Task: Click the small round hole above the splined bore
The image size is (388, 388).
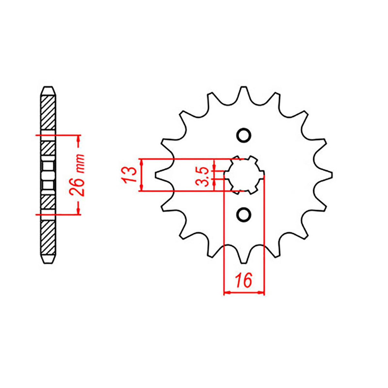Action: (243, 135)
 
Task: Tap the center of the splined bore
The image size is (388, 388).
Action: (243, 175)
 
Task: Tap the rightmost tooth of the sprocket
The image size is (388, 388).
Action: (329, 175)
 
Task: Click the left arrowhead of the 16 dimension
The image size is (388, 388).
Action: (227, 293)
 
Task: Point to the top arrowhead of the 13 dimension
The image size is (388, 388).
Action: (141, 162)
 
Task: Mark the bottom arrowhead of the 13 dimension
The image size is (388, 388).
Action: (141, 188)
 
